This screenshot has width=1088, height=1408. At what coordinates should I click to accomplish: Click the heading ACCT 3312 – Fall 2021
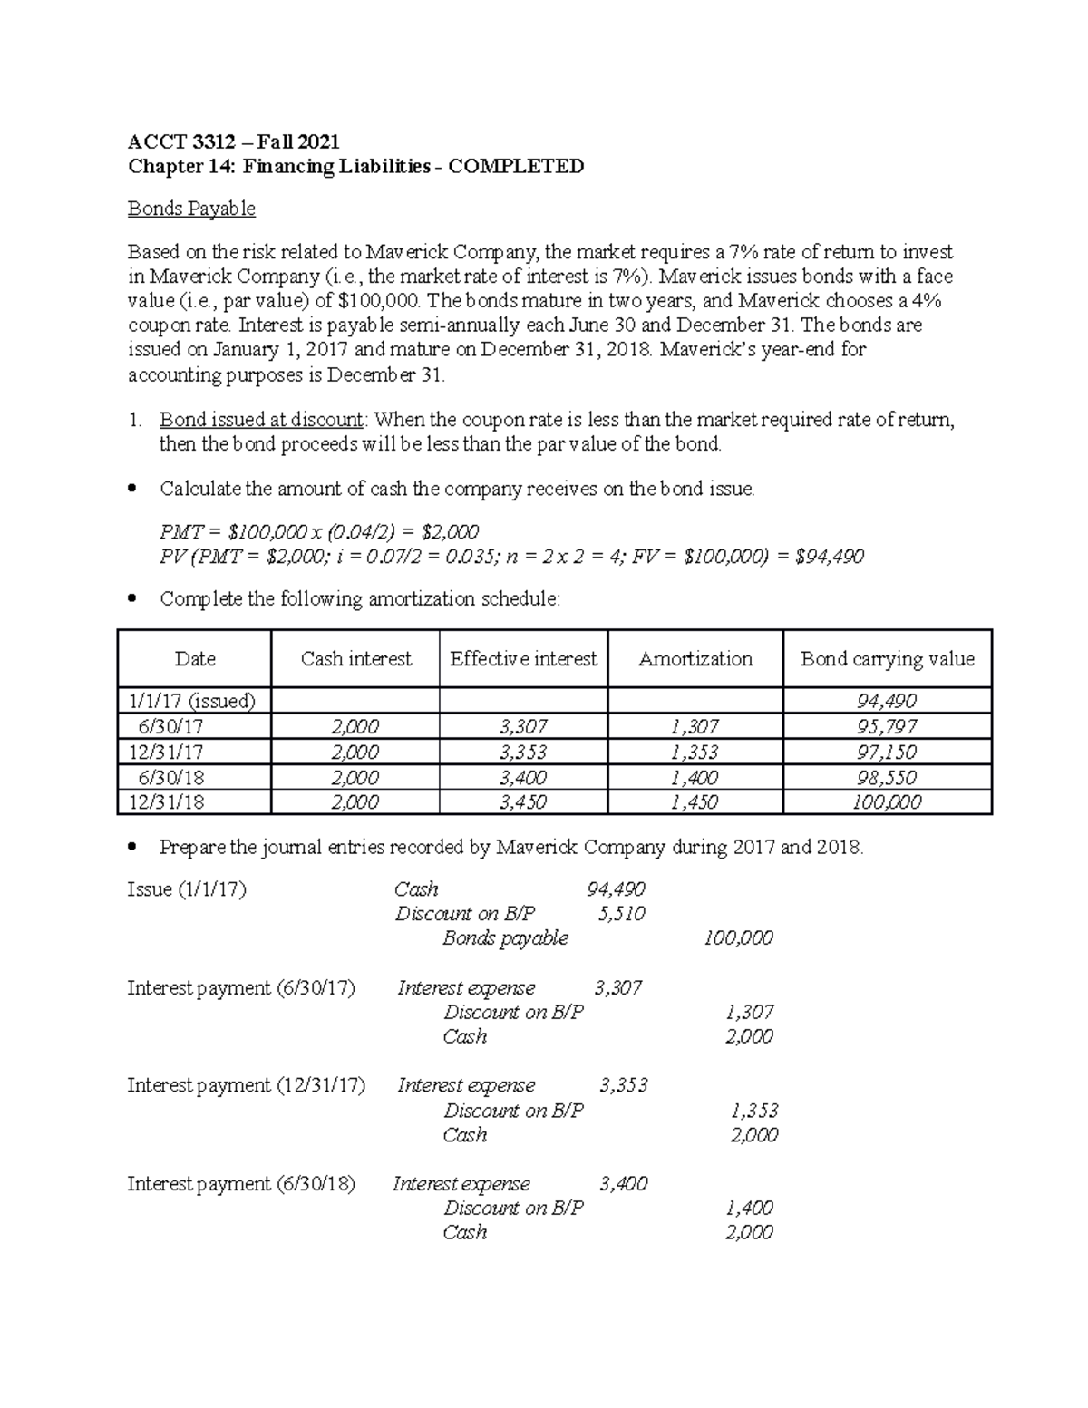(x=233, y=141)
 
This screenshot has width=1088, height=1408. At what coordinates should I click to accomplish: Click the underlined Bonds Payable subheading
(x=191, y=209)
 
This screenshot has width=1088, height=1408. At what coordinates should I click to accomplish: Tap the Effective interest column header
(x=523, y=659)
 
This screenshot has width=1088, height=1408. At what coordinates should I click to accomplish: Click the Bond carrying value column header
(x=887, y=659)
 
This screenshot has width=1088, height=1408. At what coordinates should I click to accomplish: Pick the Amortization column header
(x=695, y=659)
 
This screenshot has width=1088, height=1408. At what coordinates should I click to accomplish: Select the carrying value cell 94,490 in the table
(x=887, y=701)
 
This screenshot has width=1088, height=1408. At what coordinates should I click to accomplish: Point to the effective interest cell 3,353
(x=523, y=752)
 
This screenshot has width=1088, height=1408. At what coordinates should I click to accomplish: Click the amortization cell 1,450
(x=695, y=802)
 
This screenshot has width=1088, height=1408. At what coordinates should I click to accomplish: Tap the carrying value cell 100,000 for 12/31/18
(x=887, y=802)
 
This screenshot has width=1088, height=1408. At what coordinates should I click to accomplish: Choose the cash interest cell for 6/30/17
(x=355, y=726)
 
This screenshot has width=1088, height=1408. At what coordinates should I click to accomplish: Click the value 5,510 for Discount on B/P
(x=621, y=914)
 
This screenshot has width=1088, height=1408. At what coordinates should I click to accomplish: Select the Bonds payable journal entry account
(x=505, y=938)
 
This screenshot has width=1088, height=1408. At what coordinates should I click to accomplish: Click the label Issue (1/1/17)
(x=187, y=889)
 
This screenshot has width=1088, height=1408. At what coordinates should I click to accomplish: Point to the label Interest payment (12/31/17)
(x=246, y=1086)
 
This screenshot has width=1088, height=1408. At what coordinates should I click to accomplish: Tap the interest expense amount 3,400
(x=623, y=1184)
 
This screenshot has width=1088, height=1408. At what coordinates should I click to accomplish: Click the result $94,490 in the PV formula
(x=829, y=556)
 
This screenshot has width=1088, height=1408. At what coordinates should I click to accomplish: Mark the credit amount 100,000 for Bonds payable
(x=738, y=938)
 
